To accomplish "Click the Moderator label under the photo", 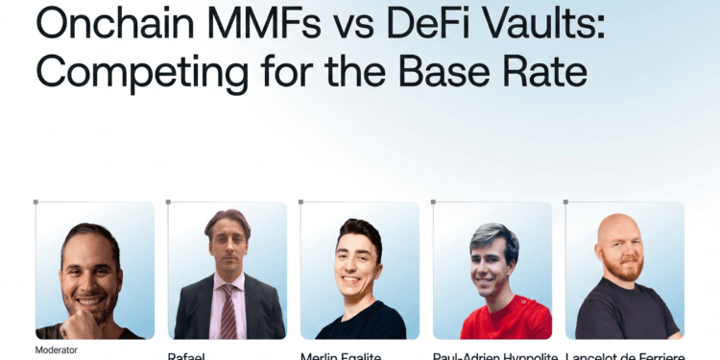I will point(57,349).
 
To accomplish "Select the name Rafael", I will point(187,356).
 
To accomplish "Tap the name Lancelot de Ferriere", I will point(624,356).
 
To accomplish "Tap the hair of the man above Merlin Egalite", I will point(361,231).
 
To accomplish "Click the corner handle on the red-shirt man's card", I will point(433,202).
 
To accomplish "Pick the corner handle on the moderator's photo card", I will point(36,202).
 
